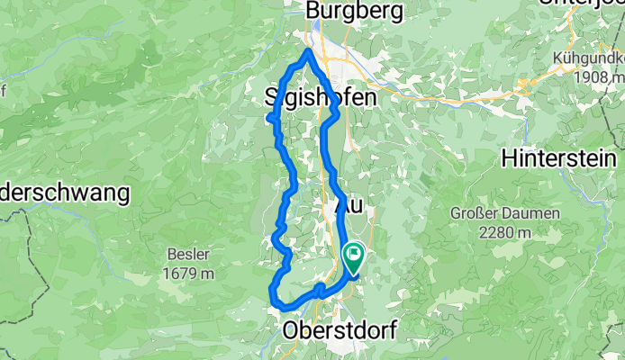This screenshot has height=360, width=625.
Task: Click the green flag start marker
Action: coord(352,258)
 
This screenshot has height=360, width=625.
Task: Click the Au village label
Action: coord(349,206)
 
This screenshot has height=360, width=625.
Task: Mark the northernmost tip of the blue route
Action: coord(309,51)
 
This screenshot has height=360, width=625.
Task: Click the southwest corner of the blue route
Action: coord(273,290)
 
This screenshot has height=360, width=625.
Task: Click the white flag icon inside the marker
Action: coord(352,256)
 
